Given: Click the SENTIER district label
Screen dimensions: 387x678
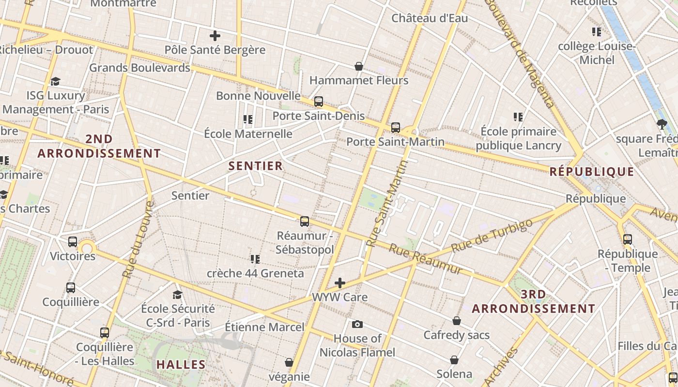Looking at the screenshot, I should point(255,166).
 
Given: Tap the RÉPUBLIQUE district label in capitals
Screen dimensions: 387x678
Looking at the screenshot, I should point(592,172).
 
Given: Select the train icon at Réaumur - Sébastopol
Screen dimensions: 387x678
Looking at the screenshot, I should point(305,222).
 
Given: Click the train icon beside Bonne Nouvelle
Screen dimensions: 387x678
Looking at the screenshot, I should point(319,102).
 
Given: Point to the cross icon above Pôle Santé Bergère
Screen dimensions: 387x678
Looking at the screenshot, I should point(215,36).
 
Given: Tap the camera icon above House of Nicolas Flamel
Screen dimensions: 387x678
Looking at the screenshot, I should point(357,324).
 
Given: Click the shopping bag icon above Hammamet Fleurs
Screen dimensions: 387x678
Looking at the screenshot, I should point(359,66).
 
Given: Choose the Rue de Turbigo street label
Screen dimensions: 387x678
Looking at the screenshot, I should point(492,236).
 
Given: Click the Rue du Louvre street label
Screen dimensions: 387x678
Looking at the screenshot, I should point(138,239).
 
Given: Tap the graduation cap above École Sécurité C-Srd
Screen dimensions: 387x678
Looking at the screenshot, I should point(178,295).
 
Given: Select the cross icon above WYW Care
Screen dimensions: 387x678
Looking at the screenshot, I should point(340,283).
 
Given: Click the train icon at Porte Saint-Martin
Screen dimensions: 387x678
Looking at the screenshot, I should point(396,128).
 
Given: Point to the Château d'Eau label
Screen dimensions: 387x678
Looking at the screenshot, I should point(430,18).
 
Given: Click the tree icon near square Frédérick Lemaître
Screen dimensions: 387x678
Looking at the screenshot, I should point(662,124).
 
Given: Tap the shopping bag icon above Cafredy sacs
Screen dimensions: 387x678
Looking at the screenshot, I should point(457,321).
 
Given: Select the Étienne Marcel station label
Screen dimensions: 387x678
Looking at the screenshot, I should point(265,327).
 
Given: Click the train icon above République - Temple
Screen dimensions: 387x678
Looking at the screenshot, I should point(628,239).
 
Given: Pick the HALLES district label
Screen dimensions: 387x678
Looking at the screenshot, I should point(181,364).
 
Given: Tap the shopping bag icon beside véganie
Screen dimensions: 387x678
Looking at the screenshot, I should point(289,362).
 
